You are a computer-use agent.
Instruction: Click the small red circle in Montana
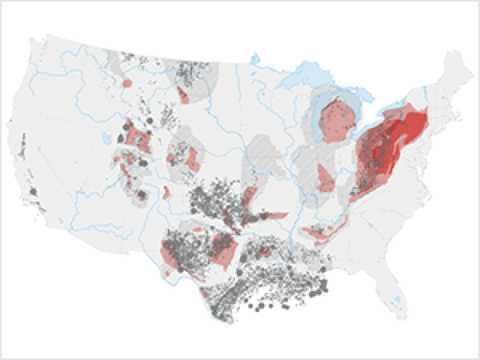tap(127, 83)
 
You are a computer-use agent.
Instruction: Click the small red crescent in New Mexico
tap(166, 192)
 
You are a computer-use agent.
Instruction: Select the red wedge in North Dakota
tap(183, 96)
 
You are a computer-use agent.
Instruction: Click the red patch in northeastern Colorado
tap(192, 158)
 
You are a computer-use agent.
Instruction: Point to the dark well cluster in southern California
tap(34, 191)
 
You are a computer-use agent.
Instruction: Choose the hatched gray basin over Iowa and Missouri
tap(262, 155)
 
